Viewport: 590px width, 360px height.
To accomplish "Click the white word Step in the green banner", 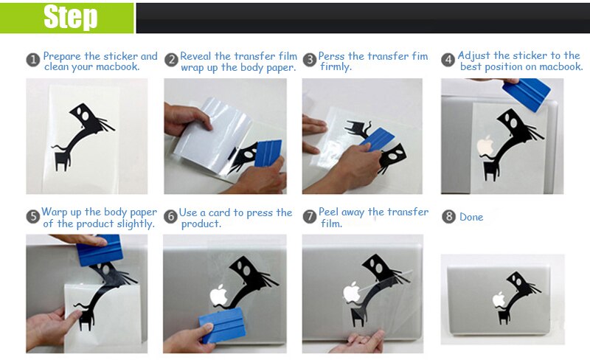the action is click(x=70, y=17).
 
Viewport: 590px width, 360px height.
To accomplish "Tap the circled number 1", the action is click(x=33, y=60).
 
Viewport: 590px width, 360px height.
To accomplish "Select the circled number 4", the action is click(x=448, y=60).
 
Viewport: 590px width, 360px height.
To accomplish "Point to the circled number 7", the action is click(x=309, y=217).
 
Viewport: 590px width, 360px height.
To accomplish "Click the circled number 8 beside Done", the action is click(x=448, y=217).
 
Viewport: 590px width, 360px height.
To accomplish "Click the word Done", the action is click(x=471, y=217).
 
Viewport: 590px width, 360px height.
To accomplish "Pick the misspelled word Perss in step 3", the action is click(x=331, y=56).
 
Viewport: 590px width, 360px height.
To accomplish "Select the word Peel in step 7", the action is click(x=328, y=212).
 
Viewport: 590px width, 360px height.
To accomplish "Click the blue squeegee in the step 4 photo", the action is click(x=527, y=95).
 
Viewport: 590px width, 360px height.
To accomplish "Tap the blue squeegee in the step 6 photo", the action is click(x=222, y=325).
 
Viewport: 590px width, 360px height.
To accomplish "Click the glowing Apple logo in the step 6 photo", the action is click(x=219, y=295).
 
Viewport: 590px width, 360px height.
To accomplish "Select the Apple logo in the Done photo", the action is click(x=499, y=300).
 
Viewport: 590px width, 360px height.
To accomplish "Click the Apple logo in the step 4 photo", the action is click(x=485, y=145).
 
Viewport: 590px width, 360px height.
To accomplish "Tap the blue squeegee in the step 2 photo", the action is click(x=268, y=153).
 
